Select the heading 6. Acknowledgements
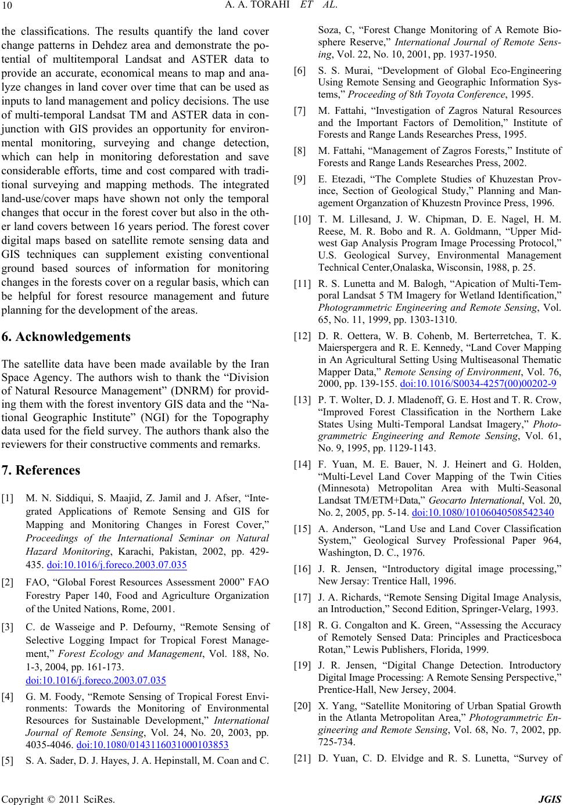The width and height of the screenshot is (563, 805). tap(66, 337)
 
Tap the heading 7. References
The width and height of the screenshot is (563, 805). tap(41, 469)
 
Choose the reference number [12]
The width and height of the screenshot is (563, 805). tap(302, 336)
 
